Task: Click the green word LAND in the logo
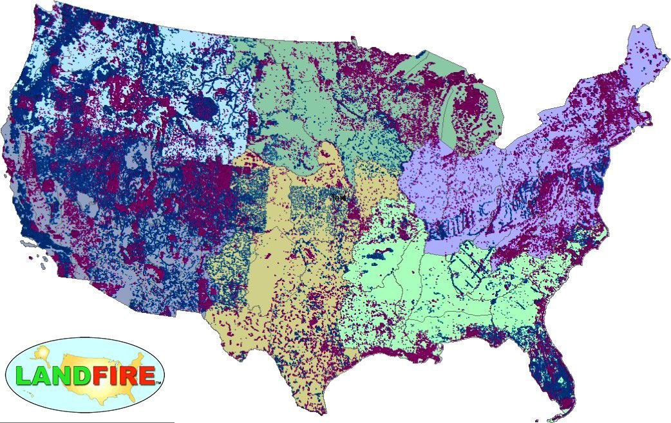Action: [57, 375]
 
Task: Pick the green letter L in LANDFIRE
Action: [23, 375]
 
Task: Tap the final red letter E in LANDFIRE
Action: [148, 375]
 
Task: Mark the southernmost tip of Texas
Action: [319, 412]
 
